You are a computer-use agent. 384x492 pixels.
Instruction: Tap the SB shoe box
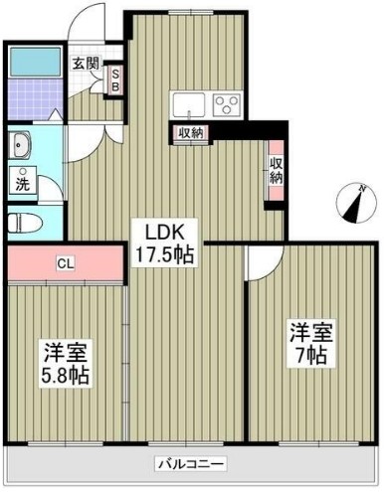click(x=114, y=79)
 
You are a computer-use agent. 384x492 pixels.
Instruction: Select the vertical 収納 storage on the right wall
click(x=275, y=168)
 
